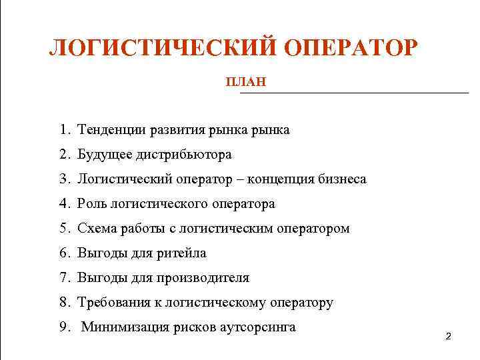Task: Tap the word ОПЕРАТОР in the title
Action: (351, 49)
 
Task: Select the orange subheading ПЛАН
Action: (246, 82)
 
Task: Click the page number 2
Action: (448, 337)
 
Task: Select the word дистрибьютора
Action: (184, 155)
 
